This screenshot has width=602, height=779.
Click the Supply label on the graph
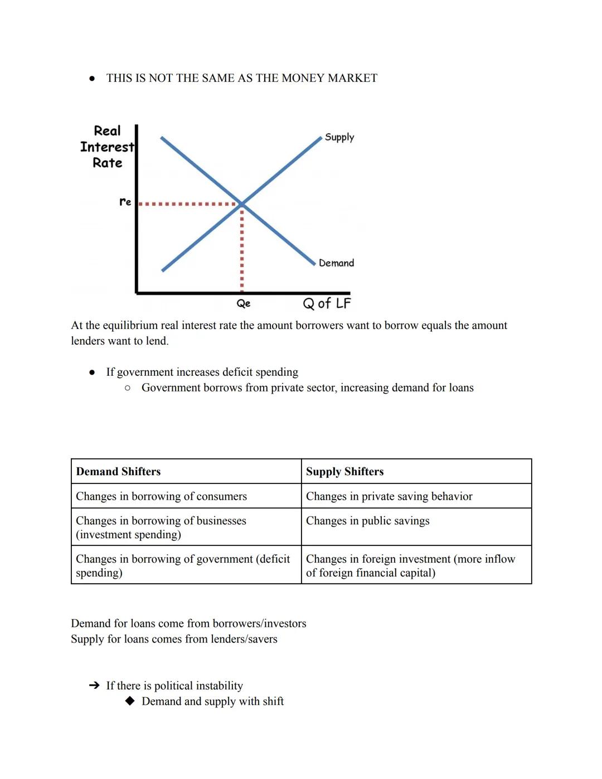point(339,137)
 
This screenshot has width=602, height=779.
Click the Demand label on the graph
point(336,263)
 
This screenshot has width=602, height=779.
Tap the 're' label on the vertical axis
point(125,202)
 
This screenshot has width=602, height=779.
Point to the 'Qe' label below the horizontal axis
point(244,303)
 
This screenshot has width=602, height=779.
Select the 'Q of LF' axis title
point(327,303)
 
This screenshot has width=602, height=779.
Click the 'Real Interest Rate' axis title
point(107,147)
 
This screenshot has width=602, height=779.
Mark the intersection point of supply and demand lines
point(242,204)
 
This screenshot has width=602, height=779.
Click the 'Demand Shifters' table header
point(118,471)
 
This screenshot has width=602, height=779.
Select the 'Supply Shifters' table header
point(344,471)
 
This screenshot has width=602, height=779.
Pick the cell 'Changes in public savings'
point(367,521)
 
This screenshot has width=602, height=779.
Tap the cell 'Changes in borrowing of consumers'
point(161,496)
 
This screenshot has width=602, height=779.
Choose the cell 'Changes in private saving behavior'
point(389,496)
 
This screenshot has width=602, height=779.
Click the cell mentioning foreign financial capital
point(410,565)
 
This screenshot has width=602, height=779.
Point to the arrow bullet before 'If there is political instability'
point(94,685)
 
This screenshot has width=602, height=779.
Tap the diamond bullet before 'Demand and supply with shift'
point(130,701)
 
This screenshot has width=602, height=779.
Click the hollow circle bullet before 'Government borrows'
point(128,388)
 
